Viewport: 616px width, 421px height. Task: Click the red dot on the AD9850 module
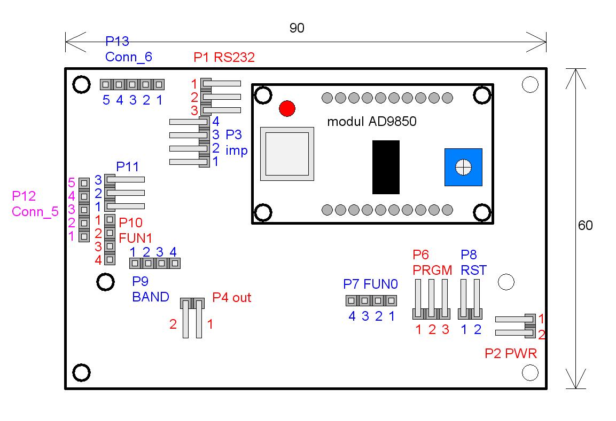tap(287, 108)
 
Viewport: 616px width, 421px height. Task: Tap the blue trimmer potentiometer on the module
tap(463, 167)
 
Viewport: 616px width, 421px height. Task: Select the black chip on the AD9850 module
tap(386, 167)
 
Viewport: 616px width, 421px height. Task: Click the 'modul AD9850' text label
tap(372, 122)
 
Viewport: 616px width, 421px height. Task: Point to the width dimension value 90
tap(297, 28)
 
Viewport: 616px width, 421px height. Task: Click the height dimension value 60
tap(586, 226)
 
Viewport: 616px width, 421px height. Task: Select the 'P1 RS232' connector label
tap(224, 57)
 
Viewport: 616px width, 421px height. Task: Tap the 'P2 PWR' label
tap(511, 353)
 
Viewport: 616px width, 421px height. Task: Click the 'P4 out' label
tap(232, 298)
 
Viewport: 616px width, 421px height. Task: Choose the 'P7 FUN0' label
tap(369, 284)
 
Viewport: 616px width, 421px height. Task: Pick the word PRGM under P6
tap(432, 270)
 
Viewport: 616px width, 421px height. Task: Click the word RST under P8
tap(474, 270)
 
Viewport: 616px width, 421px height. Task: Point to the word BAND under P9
tap(151, 297)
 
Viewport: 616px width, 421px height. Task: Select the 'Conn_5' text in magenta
tap(35, 211)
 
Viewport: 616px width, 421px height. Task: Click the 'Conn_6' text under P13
tap(128, 57)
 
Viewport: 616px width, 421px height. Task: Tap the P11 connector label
tap(128, 166)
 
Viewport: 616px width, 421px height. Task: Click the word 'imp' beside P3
tap(237, 150)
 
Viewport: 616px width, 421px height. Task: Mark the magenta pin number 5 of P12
tap(71, 182)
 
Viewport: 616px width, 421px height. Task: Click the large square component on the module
tap(287, 153)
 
